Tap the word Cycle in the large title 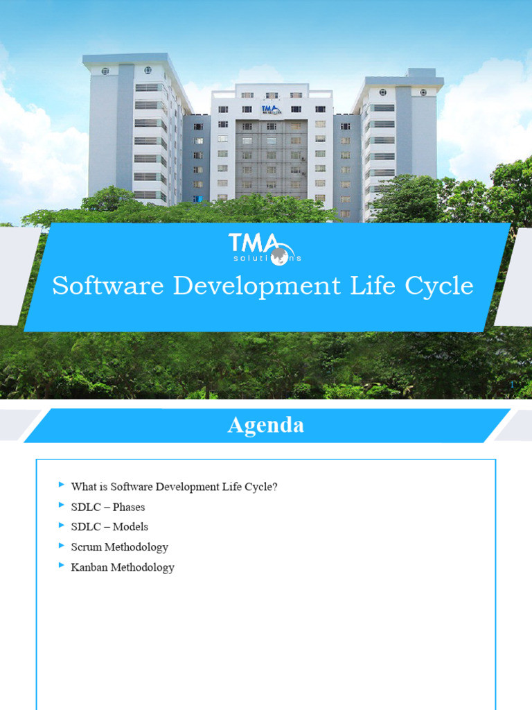point(441,286)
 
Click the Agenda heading point(265,425)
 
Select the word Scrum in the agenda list point(86,547)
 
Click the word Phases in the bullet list point(129,507)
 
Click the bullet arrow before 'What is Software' point(62,485)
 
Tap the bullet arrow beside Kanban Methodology point(62,566)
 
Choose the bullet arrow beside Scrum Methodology point(62,546)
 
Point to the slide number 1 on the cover point(511,384)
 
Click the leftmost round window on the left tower point(105,71)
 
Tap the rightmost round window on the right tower point(422,92)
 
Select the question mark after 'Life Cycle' point(274,487)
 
